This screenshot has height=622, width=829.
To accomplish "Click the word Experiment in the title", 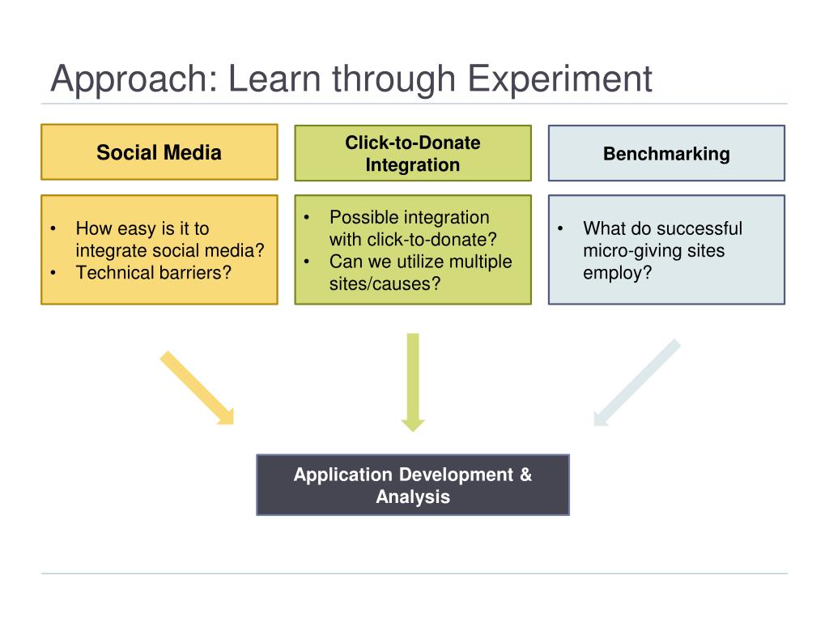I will point(561,79).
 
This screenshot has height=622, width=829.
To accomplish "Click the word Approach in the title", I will point(130,79).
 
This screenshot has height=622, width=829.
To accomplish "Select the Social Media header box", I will point(159,152).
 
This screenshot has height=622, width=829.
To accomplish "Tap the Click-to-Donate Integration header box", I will point(413,153).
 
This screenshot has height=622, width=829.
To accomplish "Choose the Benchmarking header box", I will point(666,153).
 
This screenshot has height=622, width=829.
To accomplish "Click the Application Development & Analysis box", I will point(413,485).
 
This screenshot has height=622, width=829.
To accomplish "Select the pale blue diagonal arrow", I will point(636,382).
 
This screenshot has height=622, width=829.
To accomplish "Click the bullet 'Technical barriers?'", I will point(154,272).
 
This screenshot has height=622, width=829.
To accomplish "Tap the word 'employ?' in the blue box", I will point(618,272).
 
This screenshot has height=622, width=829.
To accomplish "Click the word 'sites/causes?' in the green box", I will point(385,283).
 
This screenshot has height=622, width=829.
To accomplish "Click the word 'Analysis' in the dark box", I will point(413,496).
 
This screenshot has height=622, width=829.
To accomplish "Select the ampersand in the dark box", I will point(525,475).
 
